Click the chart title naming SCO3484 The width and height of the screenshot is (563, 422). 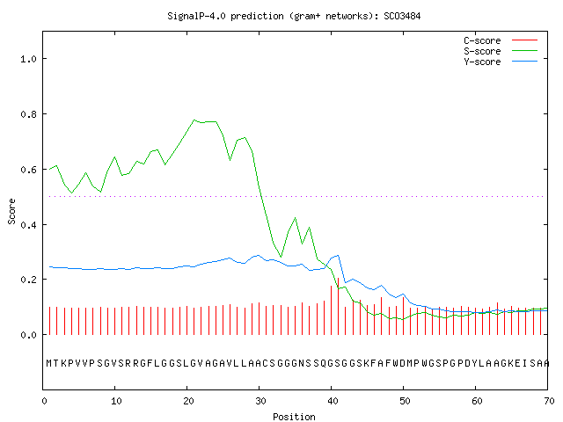click(294, 16)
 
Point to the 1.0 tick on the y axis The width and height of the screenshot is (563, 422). click(29, 59)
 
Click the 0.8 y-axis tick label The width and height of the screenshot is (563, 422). click(29, 114)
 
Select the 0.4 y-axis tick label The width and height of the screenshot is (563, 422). click(29, 225)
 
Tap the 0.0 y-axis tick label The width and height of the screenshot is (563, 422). click(29, 335)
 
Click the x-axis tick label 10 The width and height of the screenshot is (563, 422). click(115, 401)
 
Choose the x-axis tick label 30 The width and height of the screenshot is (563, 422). click(260, 401)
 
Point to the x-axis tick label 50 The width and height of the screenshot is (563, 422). click(405, 401)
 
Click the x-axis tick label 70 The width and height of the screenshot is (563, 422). click(549, 401)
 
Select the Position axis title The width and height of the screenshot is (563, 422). click(294, 417)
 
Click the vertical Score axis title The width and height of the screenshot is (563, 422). click(11, 211)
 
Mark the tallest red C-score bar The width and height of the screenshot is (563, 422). click(338, 306)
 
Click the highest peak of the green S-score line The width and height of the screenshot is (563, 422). click(194, 120)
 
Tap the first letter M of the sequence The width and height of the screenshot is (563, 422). click(49, 363)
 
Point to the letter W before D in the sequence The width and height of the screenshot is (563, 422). click(396, 363)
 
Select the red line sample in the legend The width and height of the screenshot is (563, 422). click(524, 40)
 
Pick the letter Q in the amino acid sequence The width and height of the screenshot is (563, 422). click(324, 363)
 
